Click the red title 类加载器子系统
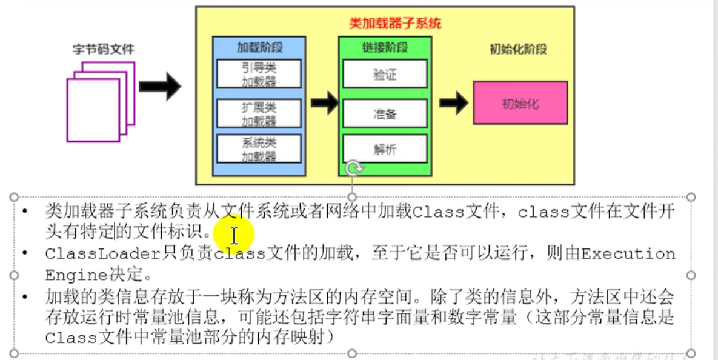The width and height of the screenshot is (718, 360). click(395, 24)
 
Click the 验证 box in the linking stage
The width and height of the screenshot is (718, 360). click(385, 75)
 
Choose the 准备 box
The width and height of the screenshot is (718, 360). click(385, 113)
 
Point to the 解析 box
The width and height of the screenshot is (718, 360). click(385, 149)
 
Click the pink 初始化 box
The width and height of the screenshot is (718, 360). click(520, 103)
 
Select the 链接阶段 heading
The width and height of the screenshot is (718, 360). click(385, 47)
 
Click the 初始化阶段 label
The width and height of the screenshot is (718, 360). click(518, 49)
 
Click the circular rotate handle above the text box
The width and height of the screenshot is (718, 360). click(353, 167)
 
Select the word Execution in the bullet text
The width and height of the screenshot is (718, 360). click(628, 254)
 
